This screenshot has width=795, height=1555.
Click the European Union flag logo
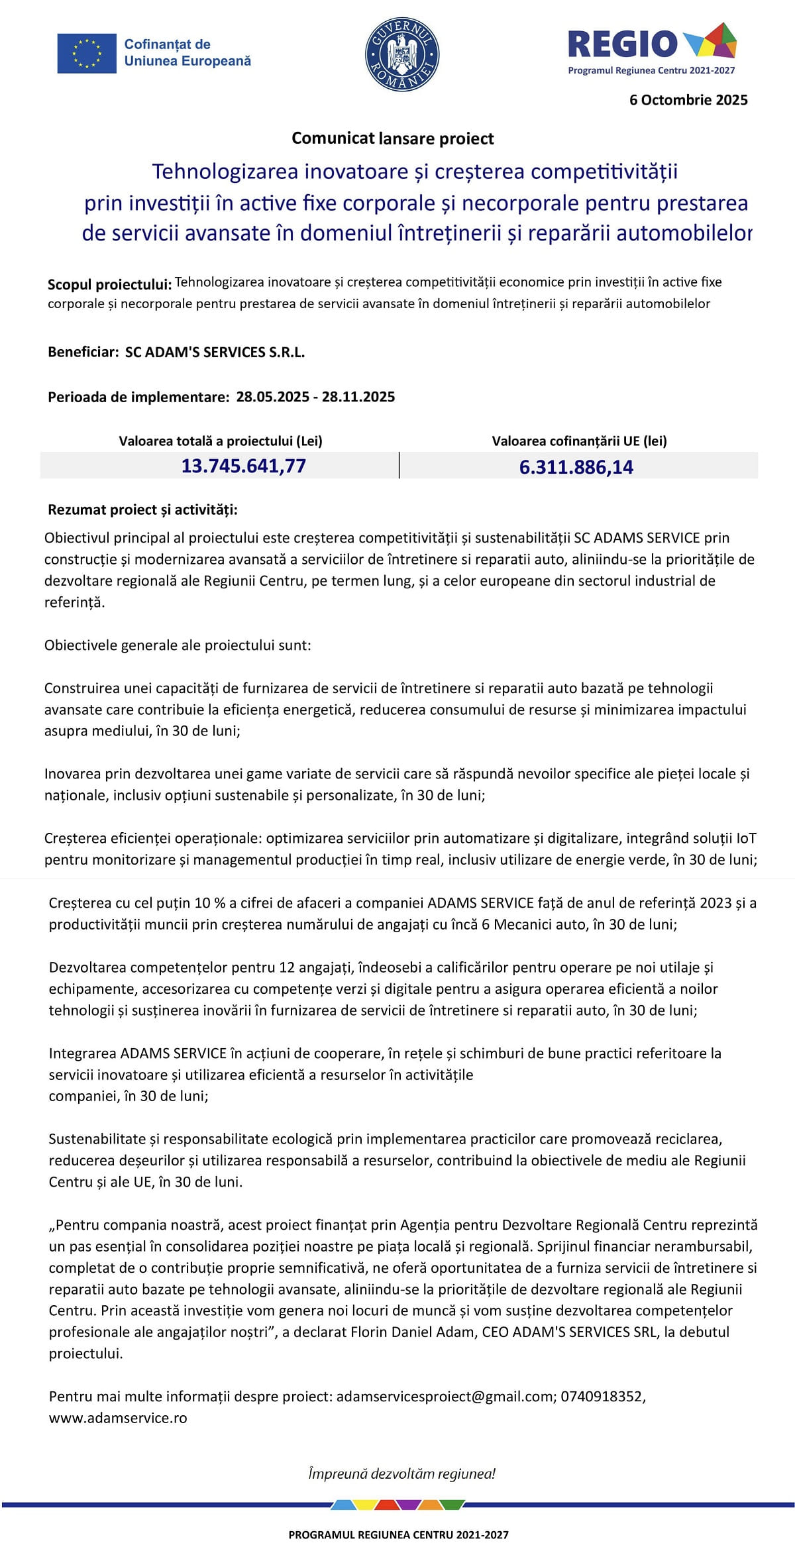click(87, 53)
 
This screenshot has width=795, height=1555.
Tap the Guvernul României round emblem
click(402, 54)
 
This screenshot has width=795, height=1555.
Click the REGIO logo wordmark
click(623, 44)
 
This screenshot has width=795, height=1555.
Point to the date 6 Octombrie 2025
click(688, 100)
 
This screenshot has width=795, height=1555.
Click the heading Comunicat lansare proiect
click(393, 138)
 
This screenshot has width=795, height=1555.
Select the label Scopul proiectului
click(109, 285)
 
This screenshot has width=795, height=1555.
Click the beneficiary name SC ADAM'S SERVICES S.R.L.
click(215, 352)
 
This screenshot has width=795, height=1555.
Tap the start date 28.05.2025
click(272, 397)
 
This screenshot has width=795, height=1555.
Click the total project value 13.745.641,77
click(244, 466)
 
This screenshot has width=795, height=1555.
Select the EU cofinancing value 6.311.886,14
click(576, 467)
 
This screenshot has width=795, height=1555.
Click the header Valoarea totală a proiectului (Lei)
click(221, 441)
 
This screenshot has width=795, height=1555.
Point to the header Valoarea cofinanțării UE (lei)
click(579, 441)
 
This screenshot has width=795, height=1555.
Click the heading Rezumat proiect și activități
click(142, 509)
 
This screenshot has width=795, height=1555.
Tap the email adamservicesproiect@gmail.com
click(445, 1397)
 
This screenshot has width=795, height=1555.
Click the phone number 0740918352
click(602, 1397)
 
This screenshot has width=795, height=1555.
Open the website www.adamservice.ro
click(118, 1419)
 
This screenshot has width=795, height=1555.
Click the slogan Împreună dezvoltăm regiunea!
click(401, 1474)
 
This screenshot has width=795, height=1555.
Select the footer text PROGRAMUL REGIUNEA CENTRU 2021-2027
click(398, 1534)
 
